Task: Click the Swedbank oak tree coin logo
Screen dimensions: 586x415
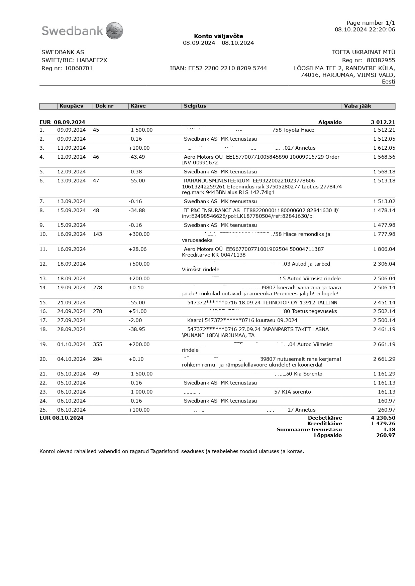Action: (114, 31)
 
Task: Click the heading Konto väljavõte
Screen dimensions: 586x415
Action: (218, 36)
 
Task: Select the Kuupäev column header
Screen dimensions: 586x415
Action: (71, 106)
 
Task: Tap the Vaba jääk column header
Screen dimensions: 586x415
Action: (357, 106)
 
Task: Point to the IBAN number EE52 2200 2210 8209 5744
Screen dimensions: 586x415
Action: (218, 68)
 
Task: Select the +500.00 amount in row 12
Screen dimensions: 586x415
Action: (139, 264)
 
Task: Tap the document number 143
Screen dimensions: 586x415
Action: (97, 234)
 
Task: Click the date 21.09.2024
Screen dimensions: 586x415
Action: (71, 303)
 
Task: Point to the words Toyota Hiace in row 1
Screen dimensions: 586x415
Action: (299, 130)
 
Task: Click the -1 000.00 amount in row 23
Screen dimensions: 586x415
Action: (140, 392)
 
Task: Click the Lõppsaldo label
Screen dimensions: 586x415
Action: (328, 435)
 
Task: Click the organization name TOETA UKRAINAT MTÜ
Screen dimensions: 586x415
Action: (363, 52)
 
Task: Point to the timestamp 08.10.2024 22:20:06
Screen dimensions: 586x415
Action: (365, 29)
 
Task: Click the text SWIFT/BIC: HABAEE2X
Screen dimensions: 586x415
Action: (74, 60)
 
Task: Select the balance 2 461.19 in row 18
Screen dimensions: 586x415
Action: (384, 329)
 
